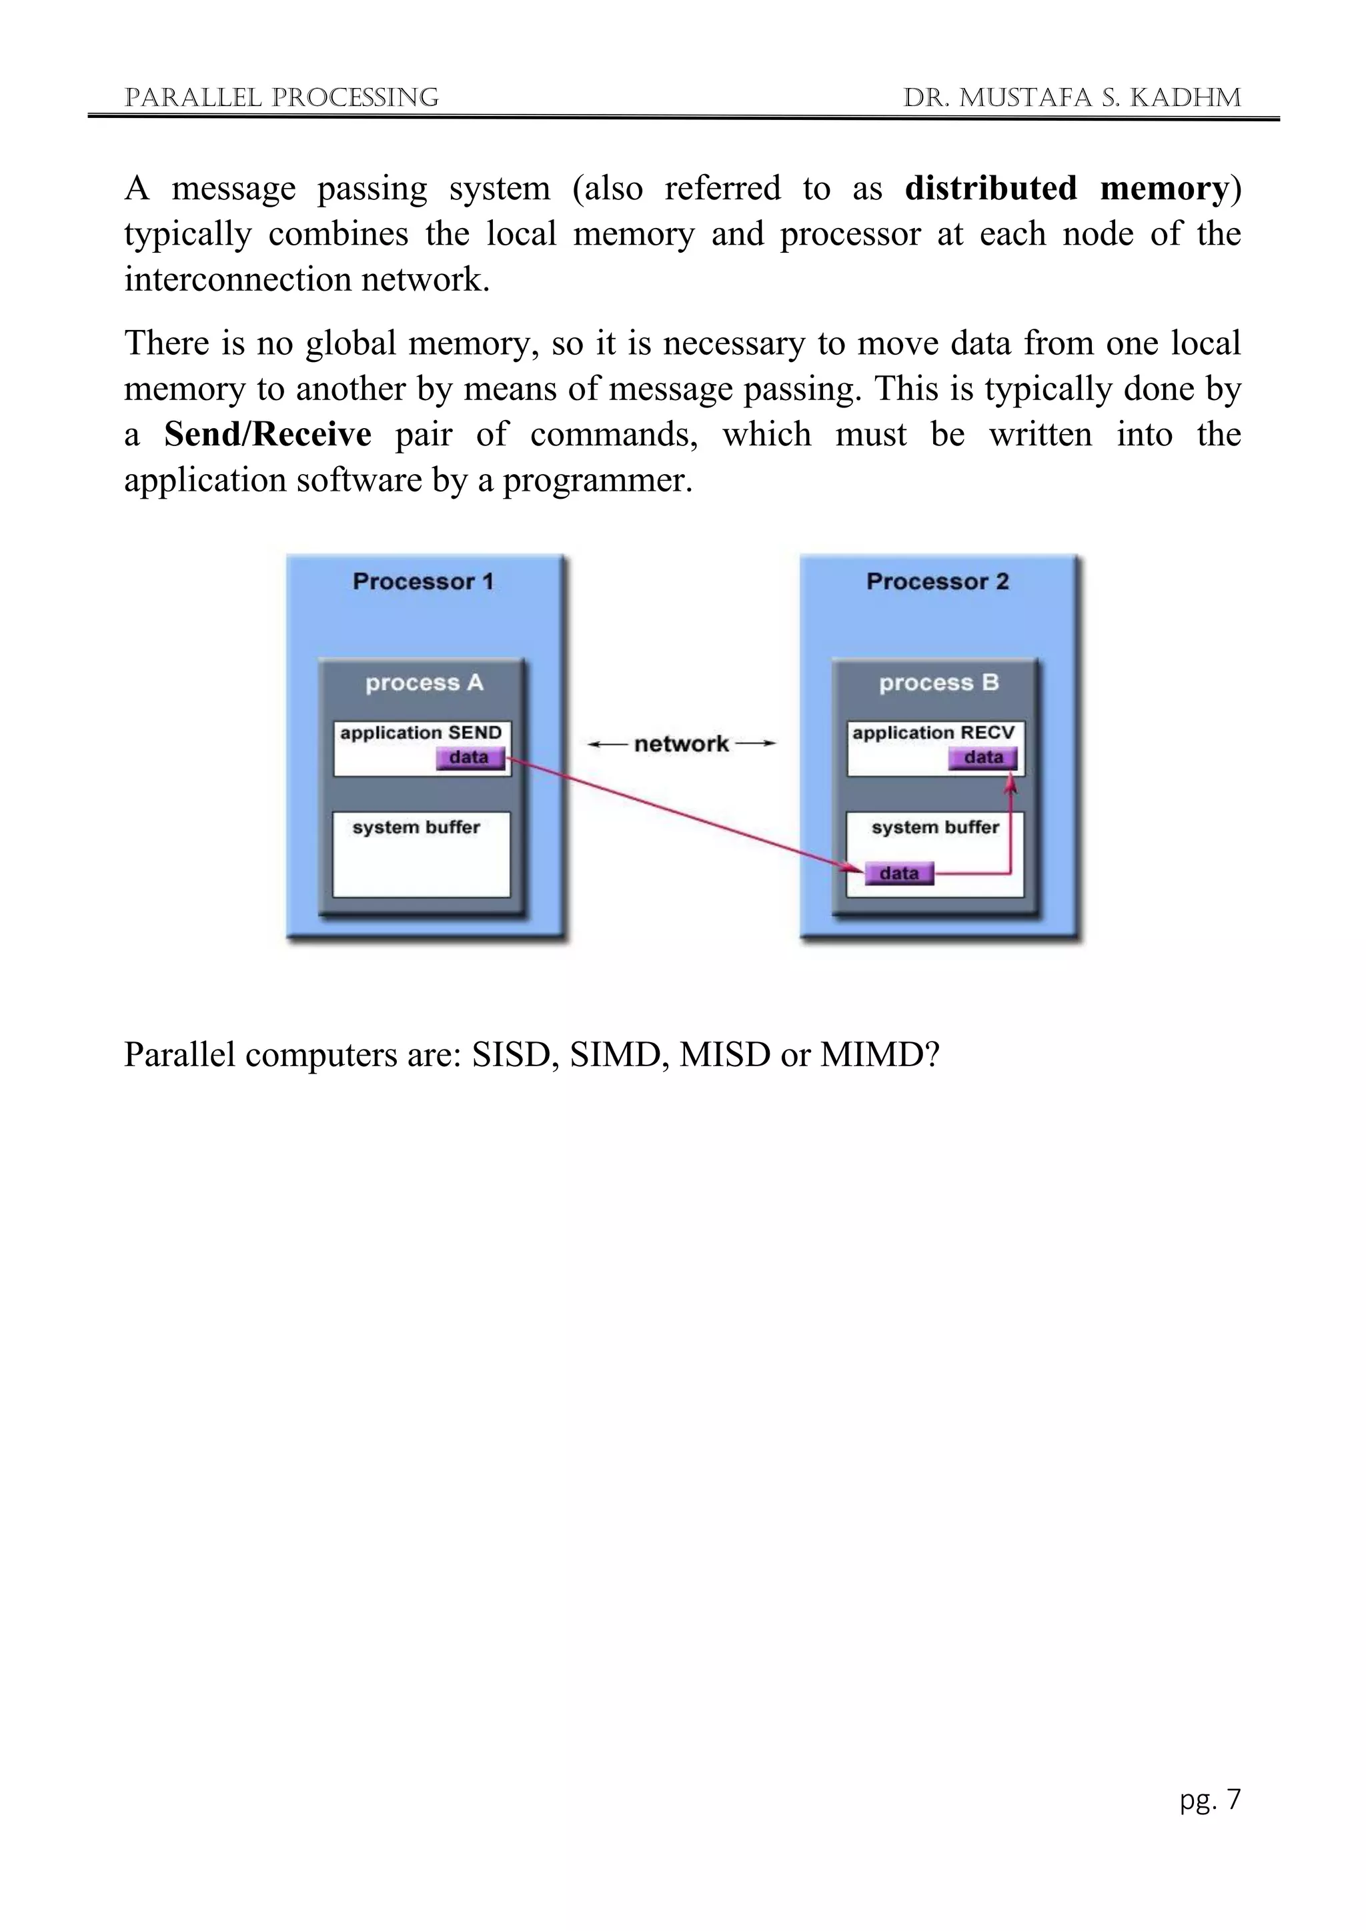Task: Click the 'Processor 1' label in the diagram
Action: (423, 582)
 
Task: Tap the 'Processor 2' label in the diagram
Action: (937, 582)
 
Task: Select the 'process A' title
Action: (424, 683)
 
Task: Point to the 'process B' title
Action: (938, 683)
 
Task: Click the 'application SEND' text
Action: (421, 733)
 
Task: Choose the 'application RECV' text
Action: (934, 733)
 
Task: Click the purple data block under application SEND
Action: (470, 757)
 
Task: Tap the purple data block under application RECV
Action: (982, 757)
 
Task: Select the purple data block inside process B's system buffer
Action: (898, 874)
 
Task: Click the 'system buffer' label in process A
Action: (416, 827)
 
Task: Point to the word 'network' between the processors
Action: (681, 744)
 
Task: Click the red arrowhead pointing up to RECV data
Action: (1012, 784)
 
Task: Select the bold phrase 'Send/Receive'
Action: (267, 435)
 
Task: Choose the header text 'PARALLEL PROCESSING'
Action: (281, 99)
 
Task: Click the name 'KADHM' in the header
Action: (1185, 99)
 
